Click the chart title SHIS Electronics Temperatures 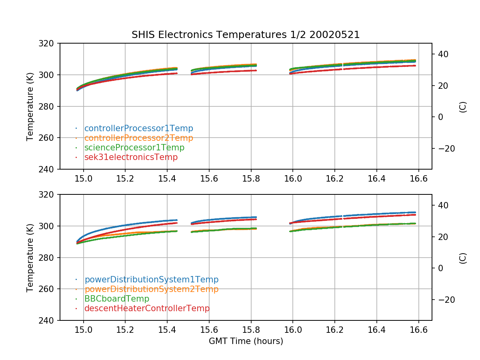tap(246, 35)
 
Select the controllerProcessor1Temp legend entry tap(138, 128)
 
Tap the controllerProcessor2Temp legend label tap(138, 138)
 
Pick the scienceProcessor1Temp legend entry tap(134, 148)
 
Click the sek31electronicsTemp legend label tap(131, 157)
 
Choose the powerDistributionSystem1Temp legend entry tap(151, 280)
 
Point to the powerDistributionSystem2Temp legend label tap(151, 289)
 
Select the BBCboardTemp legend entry tap(116, 299)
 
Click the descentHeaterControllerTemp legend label tap(147, 308)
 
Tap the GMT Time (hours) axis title tap(246, 341)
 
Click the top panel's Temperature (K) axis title tap(30, 106)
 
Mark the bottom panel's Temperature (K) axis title tap(30, 258)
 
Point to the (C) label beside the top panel tap(463, 106)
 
